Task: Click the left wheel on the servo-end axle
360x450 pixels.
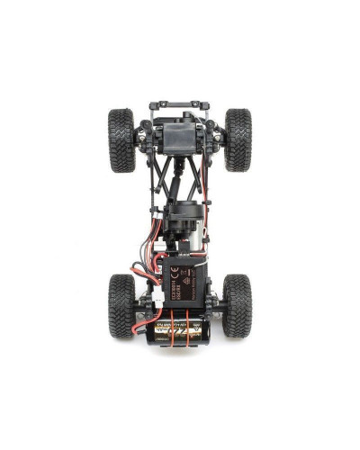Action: [121, 140]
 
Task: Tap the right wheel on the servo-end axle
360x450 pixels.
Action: [238, 140]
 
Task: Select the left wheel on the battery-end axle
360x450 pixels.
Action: [121, 305]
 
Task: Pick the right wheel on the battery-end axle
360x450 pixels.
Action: [238, 305]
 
